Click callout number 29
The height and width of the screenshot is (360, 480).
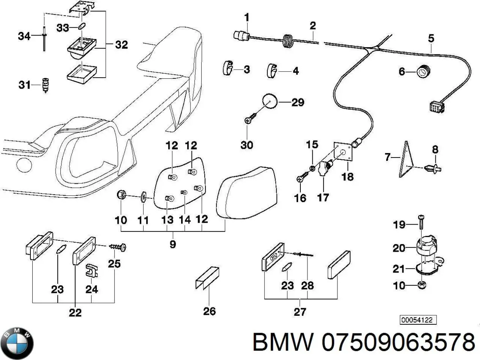pos(298,102)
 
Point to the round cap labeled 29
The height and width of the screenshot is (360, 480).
pos(269,102)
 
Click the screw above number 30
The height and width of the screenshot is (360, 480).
pos(250,118)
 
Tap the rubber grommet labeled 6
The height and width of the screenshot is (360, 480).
pos(424,71)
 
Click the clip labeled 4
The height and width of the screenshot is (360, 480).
pos(273,70)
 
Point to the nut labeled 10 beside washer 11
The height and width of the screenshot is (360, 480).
pos(121,195)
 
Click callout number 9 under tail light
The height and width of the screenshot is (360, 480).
pos(172,244)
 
